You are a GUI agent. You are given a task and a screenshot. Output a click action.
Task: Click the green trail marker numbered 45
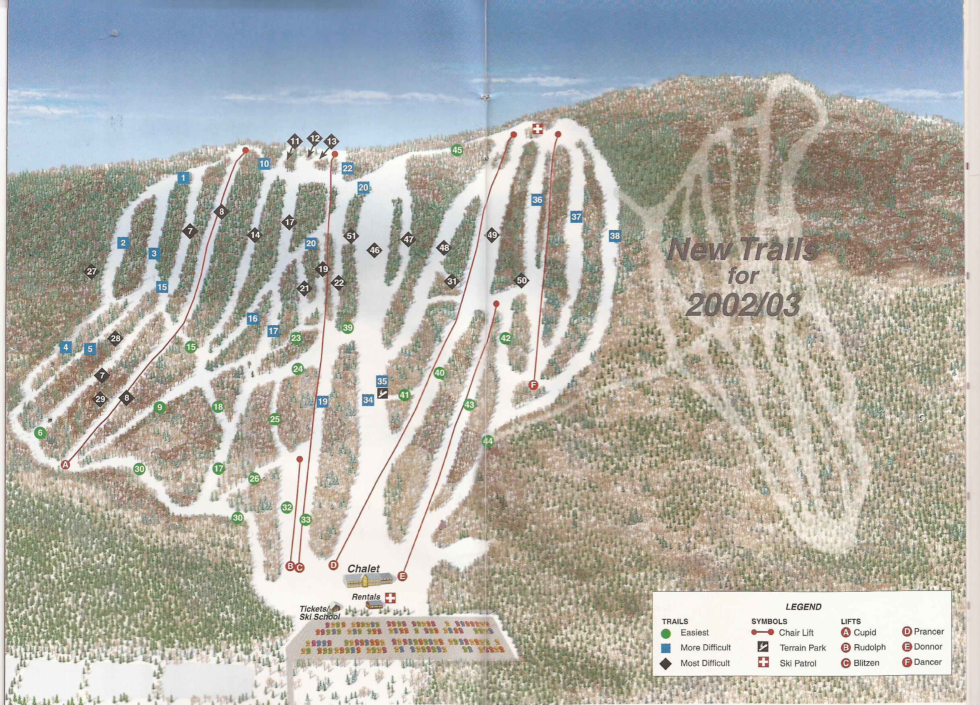pyautogui.click(x=457, y=150)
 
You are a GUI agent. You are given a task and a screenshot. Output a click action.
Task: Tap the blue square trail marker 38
pyautogui.click(x=614, y=236)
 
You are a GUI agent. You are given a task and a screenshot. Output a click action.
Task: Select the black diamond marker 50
pyautogui.click(x=521, y=281)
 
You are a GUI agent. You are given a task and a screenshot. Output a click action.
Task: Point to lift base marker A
pyautogui.click(x=65, y=465)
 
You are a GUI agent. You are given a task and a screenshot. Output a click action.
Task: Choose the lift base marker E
pyautogui.click(x=402, y=576)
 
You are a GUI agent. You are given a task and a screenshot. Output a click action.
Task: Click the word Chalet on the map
pyautogui.click(x=364, y=569)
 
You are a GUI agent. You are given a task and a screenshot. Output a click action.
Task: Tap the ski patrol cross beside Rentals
pyautogui.click(x=390, y=598)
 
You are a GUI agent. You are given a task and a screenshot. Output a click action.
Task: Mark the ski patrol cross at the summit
pyautogui.click(x=538, y=129)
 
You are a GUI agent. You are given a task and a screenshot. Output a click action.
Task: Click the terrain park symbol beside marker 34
pyautogui.click(x=382, y=393)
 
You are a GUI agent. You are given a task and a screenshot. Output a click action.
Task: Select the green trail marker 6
pyautogui.click(x=41, y=433)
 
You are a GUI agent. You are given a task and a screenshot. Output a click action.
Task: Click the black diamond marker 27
pyautogui.click(x=91, y=271)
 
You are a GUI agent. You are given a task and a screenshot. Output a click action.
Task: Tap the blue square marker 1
pyautogui.click(x=183, y=177)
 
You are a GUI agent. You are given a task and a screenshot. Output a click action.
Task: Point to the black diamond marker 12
pyautogui.click(x=315, y=139)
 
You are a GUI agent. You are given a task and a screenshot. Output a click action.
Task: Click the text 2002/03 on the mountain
pyautogui.click(x=742, y=306)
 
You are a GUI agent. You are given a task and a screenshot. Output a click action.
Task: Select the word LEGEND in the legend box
pyautogui.click(x=803, y=606)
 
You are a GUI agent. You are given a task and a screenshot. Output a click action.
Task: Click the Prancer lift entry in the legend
pyautogui.click(x=923, y=632)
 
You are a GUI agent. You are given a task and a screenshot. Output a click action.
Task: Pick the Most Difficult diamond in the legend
pyautogui.click(x=666, y=663)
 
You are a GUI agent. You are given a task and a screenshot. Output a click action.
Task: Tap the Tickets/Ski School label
pyautogui.click(x=319, y=613)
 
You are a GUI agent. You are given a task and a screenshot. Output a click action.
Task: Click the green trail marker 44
pyautogui.click(x=488, y=441)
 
